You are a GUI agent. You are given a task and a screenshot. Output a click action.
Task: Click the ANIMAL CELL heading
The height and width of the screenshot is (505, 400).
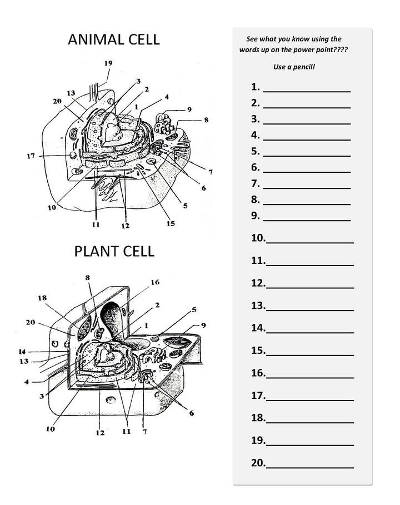(113, 39)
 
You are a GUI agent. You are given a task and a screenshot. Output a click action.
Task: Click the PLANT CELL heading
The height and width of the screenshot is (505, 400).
(114, 251)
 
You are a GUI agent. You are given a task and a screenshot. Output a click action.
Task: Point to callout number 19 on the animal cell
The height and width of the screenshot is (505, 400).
(108, 63)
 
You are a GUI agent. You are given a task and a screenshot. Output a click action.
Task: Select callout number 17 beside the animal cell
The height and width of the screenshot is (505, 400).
(31, 156)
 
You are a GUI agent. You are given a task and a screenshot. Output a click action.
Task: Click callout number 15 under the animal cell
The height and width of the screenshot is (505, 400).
(170, 223)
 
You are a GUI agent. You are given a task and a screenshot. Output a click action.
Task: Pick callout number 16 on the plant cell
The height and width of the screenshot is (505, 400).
(154, 283)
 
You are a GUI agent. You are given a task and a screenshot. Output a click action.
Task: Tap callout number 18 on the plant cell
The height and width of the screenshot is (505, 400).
(43, 298)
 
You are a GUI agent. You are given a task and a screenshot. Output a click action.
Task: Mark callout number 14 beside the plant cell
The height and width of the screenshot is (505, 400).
(22, 352)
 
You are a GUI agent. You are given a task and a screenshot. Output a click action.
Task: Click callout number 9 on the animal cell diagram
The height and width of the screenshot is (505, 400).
(189, 109)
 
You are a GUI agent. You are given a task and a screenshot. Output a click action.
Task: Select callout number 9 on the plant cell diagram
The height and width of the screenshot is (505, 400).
(203, 325)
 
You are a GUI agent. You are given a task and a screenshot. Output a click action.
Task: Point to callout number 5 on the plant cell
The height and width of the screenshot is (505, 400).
(194, 309)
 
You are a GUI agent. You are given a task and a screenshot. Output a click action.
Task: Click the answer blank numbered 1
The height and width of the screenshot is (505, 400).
(306, 87)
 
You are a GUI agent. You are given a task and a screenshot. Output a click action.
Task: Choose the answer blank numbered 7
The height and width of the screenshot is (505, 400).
(306, 184)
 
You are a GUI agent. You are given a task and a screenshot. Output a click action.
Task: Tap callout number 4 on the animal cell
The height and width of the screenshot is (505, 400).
(166, 96)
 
